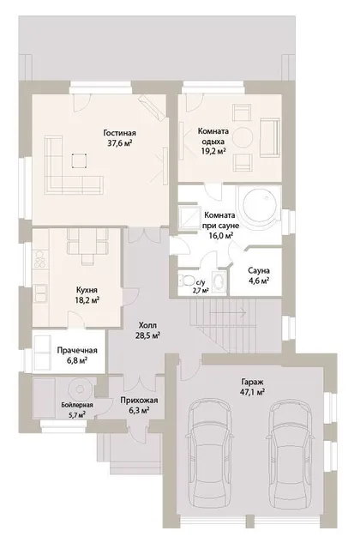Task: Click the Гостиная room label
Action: [x=120, y=133]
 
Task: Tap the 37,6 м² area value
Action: [x=120, y=143]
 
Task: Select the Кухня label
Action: [x=87, y=290]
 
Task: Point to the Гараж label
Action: [x=251, y=382]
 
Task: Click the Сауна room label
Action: [x=259, y=271]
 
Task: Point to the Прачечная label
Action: [x=77, y=350]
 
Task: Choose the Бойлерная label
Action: [x=77, y=405]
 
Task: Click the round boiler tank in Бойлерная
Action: [x=80, y=389]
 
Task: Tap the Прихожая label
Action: [x=139, y=401]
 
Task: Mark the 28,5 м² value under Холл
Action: [x=148, y=335]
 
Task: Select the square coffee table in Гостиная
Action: [x=80, y=160]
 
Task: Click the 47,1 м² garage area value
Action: [x=251, y=392]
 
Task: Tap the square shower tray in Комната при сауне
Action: [x=189, y=218]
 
